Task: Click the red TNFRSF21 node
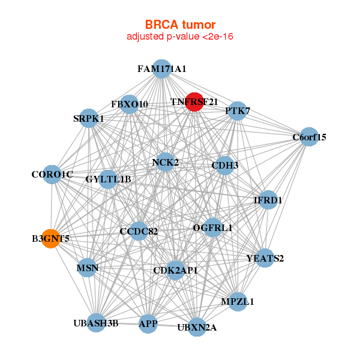(194, 102)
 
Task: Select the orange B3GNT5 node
(51, 238)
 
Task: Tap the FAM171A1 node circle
(161, 68)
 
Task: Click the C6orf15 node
(308, 136)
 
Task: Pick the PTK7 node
(238, 111)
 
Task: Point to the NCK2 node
(165, 162)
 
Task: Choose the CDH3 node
(224, 165)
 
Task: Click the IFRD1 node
(268, 200)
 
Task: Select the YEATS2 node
(265, 258)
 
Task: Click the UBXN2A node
(197, 327)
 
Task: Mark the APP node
(148, 324)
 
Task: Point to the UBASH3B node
(96, 323)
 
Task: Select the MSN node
(87, 268)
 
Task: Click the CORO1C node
(52, 174)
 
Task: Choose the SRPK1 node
(89, 118)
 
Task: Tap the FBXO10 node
(129, 104)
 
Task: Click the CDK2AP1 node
(175, 271)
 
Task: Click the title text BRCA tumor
(180, 25)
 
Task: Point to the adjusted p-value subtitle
(180, 37)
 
